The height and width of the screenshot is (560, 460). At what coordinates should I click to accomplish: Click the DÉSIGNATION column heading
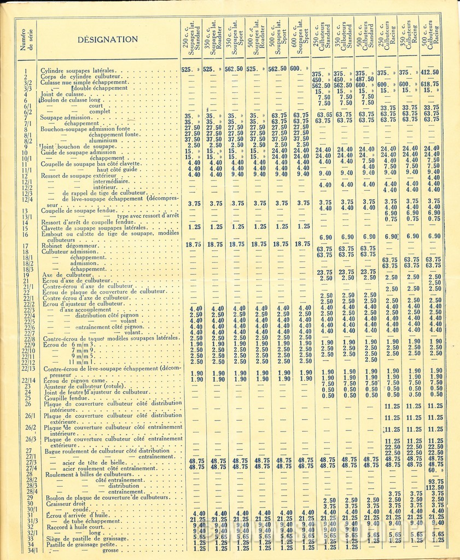point(107,39)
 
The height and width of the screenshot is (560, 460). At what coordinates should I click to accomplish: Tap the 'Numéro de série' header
point(27,40)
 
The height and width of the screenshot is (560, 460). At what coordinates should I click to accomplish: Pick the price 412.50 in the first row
point(430,72)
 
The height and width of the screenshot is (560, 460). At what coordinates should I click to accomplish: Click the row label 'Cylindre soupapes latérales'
point(78,71)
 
